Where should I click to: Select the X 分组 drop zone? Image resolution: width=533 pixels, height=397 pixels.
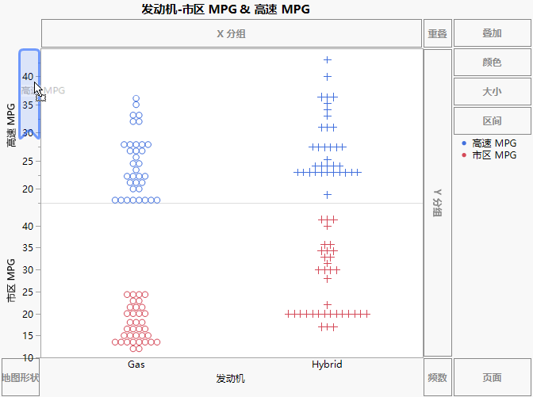click(x=231, y=34)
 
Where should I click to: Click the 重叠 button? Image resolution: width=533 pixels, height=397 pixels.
click(x=437, y=34)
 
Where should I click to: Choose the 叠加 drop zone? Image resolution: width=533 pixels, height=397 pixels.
click(x=492, y=34)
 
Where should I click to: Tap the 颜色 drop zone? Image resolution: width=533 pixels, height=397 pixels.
click(x=492, y=63)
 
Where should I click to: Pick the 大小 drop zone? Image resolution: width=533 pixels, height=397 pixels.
click(x=492, y=92)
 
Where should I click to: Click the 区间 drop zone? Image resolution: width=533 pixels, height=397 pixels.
click(x=492, y=121)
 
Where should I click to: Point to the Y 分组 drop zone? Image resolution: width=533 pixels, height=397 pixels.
click(x=437, y=203)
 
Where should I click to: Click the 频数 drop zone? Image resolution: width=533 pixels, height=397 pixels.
click(x=437, y=378)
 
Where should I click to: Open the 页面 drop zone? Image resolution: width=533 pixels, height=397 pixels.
click(x=492, y=378)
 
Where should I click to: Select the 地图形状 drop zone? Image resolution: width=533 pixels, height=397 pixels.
click(x=20, y=378)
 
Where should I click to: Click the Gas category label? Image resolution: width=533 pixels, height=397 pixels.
click(x=136, y=365)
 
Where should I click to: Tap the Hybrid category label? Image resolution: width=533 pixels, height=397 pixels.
click(x=327, y=365)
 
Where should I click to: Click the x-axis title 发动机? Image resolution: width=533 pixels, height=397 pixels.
click(x=230, y=379)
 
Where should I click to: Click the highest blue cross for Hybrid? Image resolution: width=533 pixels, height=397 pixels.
click(x=327, y=60)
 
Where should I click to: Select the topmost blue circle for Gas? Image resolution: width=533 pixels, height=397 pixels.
click(x=136, y=99)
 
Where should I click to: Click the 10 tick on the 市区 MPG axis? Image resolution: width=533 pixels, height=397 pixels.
click(x=29, y=357)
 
